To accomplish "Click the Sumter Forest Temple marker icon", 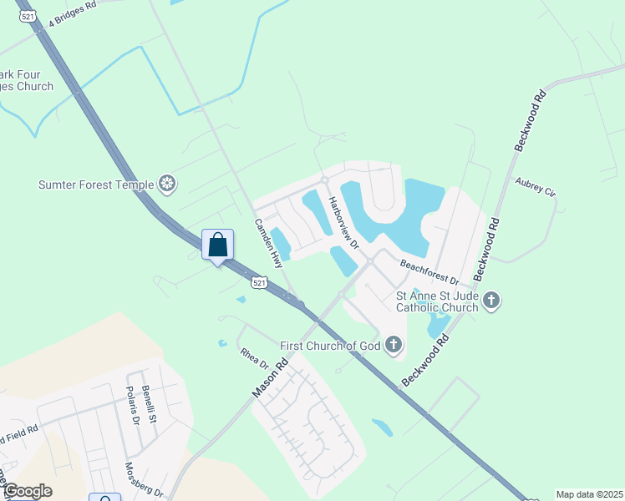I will pyautogui.click(x=168, y=185).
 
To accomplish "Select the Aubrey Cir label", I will pyautogui.click(x=536, y=186).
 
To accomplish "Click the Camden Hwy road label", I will pyautogui.click(x=270, y=243).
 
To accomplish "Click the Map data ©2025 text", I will pyautogui.click(x=588, y=494).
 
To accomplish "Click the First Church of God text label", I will pyautogui.click(x=330, y=346).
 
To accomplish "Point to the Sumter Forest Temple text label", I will pyautogui.click(x=96, y=185).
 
